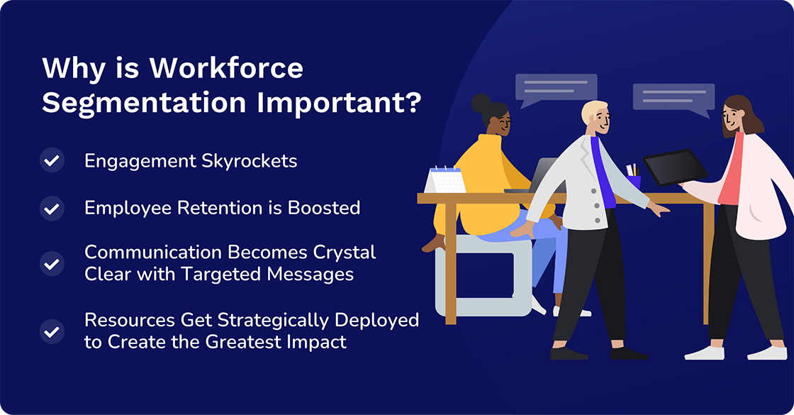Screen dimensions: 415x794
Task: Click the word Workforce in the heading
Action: pos(226,69)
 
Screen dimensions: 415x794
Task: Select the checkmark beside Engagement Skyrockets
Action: pos(52,161)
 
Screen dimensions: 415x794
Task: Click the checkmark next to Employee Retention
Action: pos(52,209)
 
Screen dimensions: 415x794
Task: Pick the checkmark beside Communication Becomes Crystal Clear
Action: pos(52,263)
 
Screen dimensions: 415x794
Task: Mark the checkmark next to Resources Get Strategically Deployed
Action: pos(52,331)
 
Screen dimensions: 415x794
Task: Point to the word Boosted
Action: pos(324,208)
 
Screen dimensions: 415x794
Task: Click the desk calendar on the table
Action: pos(446,179)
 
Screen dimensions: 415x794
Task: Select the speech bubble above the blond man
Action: pos(556,88)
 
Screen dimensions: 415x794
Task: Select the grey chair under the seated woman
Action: pos(482,277)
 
